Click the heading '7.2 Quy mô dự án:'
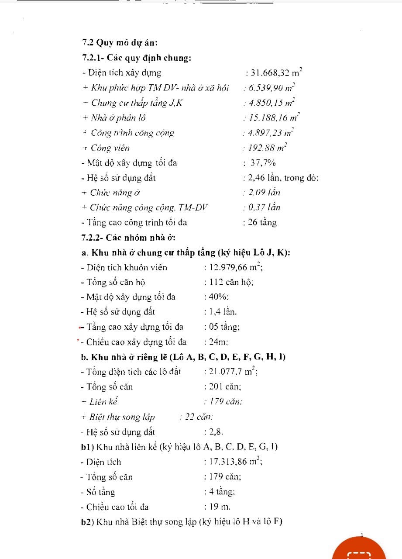click(x=120, y=43)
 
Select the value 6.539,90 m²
click(x=271, y=88)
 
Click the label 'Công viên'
click(x=110, y=148)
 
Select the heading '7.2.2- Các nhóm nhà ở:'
click(x=128, y=238)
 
